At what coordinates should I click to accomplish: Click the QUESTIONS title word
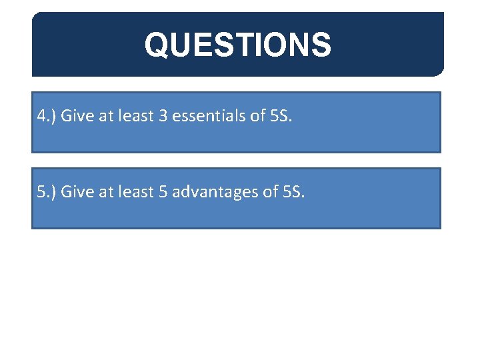pos(237,45)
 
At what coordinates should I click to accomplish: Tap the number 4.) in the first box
pos(47,117)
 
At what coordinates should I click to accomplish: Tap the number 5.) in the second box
pos(47,193)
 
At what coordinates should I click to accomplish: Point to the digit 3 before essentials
pos(164,117)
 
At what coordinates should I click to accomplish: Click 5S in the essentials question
pos(281,117)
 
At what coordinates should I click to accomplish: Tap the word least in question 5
pos(139,193)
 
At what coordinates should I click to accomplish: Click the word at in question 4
pos(106,117)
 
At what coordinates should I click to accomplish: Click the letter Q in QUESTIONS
pos(156,45)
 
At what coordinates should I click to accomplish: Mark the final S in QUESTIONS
pos(321,45)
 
